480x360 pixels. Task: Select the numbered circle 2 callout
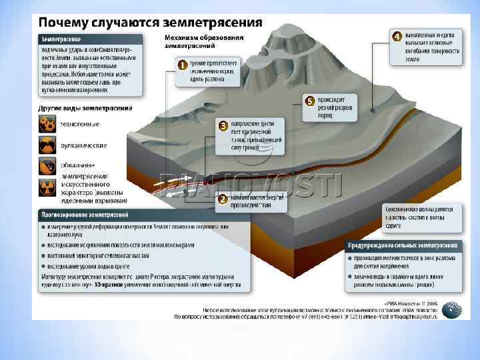223,199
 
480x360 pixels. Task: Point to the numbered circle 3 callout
223,125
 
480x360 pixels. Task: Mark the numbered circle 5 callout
309,101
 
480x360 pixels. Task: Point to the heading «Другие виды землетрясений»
85,107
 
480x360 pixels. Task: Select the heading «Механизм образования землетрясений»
204,41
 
